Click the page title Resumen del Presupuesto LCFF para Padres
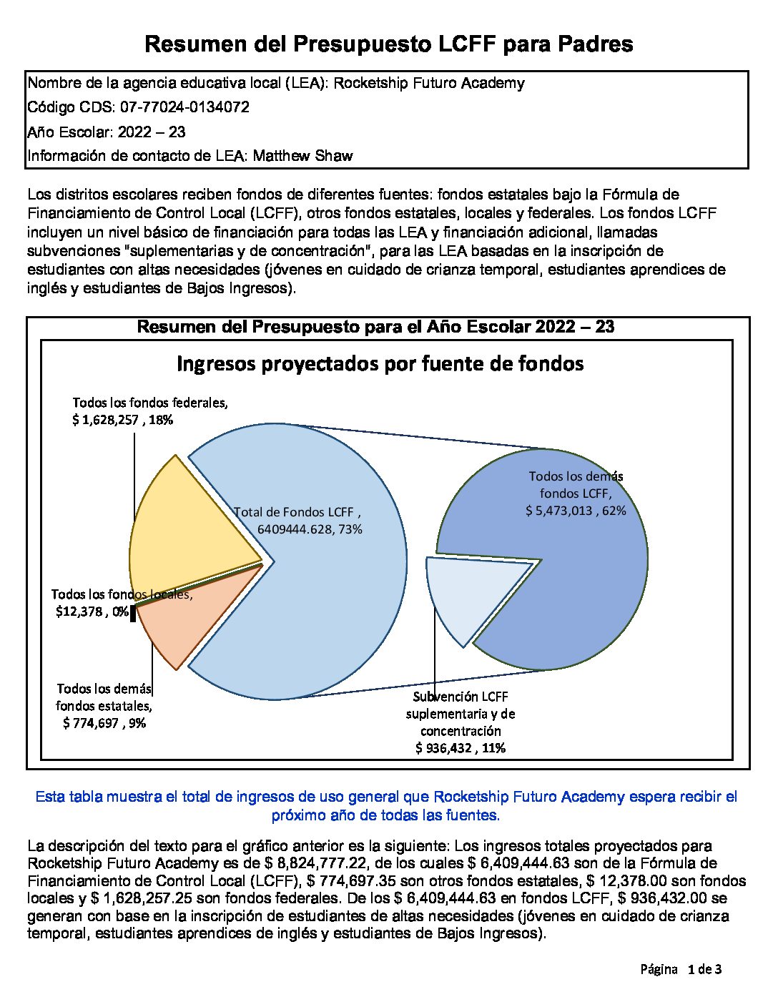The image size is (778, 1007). (388, 44)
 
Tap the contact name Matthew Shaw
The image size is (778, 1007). (302, 156)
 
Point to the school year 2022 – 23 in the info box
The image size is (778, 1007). (152, 132)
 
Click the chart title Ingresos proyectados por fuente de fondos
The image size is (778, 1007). (380, 363)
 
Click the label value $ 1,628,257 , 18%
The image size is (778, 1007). (122, 420)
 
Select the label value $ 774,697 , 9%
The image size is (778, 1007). (104, 723)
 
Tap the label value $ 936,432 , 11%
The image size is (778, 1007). (461, 748)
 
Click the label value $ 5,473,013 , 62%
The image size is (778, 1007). (576, 511)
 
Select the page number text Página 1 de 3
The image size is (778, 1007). (681, 970)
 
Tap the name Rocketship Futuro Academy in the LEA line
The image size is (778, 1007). (429, 83)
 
